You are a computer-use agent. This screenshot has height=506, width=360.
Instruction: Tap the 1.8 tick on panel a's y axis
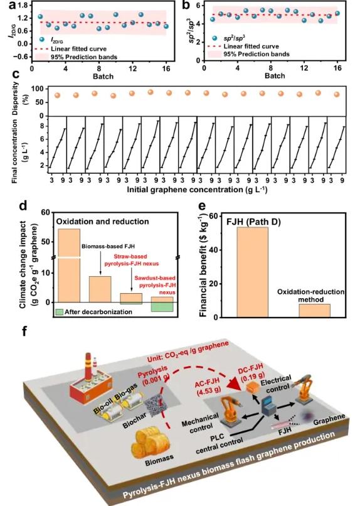point(24,5)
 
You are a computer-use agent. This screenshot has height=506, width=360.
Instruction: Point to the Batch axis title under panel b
point(275,76)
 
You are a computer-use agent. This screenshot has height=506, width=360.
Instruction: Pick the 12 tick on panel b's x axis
point(304,68)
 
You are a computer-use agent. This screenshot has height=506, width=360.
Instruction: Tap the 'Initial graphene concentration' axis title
point(196,189)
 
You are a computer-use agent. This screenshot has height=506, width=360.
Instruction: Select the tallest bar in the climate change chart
point(68,266)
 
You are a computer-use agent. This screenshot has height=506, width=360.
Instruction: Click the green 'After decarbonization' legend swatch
point(59,312)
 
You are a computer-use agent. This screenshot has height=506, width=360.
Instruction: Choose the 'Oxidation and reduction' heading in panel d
point(103,222)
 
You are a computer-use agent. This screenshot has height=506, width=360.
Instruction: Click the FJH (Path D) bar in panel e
point(252,272)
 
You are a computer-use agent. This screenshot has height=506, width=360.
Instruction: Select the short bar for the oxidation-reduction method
point(315,311)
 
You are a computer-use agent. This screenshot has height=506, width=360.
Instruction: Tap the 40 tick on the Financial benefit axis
point(213,250)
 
